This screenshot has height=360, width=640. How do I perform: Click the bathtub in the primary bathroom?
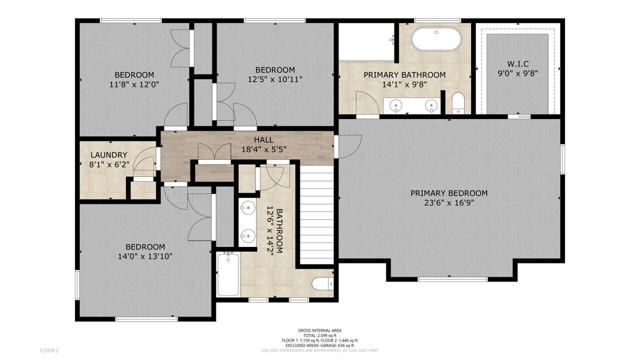point(436,38)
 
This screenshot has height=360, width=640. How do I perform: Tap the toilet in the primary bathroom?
point(458,103)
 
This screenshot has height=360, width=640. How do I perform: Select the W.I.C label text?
point(517,64)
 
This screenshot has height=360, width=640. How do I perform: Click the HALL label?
point(263,140)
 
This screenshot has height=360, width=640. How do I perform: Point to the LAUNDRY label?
point(108,155)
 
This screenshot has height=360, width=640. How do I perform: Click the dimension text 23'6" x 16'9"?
point(448,202)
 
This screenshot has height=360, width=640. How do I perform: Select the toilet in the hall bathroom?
point(322,283)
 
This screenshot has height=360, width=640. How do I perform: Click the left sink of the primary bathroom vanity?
point(396,105)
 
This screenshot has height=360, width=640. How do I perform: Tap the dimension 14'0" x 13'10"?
point(145,256)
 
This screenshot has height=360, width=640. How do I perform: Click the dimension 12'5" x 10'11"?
point(275,79)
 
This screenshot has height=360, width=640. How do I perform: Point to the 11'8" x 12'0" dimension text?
point(134,84)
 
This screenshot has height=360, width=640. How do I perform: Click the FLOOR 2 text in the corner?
point(49,350)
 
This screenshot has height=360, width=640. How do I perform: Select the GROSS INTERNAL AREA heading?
point(319,330)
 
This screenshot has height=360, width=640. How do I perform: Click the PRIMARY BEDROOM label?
point(448,193)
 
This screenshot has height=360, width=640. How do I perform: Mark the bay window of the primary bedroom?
point(452,279)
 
